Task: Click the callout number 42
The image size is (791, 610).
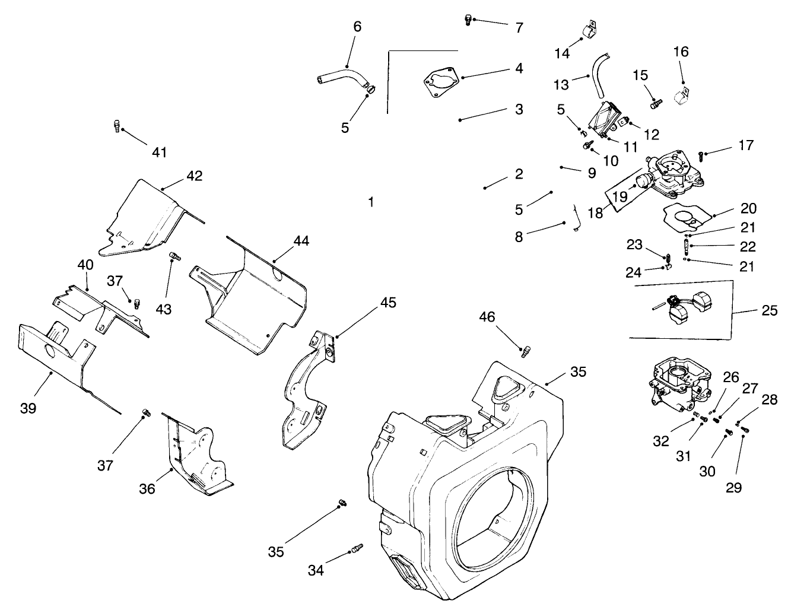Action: pyautogui.click(x=194, y=176)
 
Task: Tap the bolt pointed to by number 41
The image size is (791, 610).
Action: pyautogui.click(x=117, y=126)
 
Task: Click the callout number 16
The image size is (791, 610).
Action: pyautogui.click(x=681, y=52)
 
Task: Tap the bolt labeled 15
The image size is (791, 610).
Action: pyautogui.click(x=655, y=104)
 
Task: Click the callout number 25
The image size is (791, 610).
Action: pyautogui.click(x=769, y=310)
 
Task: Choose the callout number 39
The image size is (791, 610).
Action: pyautogui.click(x=28, y=408)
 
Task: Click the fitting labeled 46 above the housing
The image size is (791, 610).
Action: pyautogui.click(x=525, y=351)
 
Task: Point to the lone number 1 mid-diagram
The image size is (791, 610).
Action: pyautogui.click(x=371, y=202)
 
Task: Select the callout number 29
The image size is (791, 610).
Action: pyautogui.click(x=733, y=488)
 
